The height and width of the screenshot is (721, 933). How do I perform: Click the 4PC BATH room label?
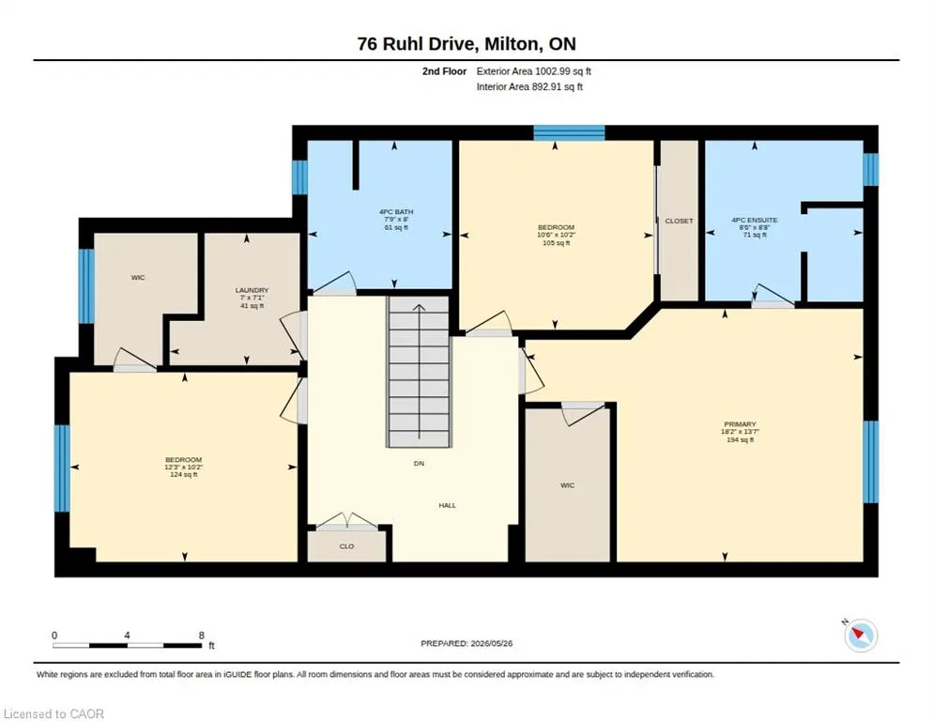[396, 212]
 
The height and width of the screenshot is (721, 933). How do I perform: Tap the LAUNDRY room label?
[252, 290]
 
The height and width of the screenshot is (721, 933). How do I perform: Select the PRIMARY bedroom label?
[741, 424]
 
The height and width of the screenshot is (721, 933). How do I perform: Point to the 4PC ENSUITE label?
[755, 221]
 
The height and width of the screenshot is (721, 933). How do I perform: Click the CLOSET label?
[679, 221]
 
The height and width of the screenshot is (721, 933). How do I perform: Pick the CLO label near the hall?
[347, 546]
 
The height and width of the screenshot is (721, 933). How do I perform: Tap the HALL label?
[448, 505]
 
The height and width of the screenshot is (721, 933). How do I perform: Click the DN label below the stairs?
[419, 463]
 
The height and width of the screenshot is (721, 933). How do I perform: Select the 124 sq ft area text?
[184, 475]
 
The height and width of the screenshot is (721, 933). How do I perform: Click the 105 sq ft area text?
[557, 243]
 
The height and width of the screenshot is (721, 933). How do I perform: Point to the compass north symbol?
[861, 635]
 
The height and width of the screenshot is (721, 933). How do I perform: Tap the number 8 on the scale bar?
[202, 636]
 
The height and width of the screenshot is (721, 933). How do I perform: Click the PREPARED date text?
[466, 644]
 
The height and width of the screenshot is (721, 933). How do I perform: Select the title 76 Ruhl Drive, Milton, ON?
[466, 44]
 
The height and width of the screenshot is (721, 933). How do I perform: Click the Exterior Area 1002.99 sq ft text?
[534, 71]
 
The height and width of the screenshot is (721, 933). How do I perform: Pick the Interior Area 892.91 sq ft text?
[529, 87]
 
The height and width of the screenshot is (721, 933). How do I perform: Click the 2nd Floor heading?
[445, 71]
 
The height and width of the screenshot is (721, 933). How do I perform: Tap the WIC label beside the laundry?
[138, 278]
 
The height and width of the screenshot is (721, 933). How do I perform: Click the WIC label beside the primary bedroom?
[568, 485]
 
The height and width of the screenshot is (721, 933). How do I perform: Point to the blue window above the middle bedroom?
[569, 132]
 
